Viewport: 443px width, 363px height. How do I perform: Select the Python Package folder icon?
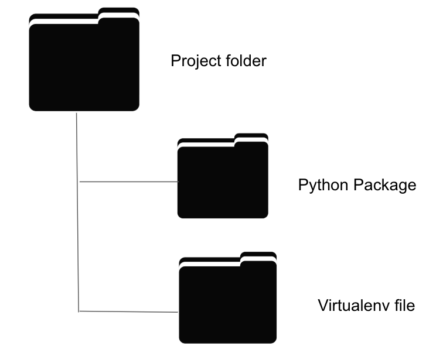(223, 181)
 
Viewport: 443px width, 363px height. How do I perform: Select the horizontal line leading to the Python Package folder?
(128, 181)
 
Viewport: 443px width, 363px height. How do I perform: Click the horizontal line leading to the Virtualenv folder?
(128, 311)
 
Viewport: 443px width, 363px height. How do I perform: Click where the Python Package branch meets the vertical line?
(79, 181)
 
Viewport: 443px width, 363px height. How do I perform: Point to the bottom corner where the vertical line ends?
(79, 311)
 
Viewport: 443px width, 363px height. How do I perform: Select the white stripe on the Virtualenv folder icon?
(210, 263)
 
